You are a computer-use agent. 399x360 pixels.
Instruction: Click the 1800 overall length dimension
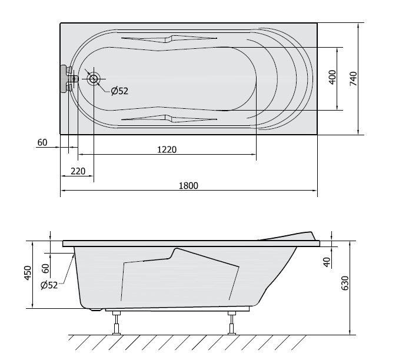[x=188, y=186]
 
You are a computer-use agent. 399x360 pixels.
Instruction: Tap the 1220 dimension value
[x=167, y=149]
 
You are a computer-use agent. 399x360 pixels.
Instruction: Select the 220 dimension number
[x=78, y=171]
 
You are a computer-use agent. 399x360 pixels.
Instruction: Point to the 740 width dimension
[x=353, y=79]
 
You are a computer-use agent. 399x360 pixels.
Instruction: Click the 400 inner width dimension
[x=332, y=77]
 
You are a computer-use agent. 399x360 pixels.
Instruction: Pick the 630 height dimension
[x=345, y=283]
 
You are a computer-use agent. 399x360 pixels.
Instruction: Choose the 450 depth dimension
[x=28, y=273]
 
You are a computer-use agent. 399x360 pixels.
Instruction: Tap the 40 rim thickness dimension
[x=327, y=262]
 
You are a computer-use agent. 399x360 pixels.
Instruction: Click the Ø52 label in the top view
[x=119, y=91]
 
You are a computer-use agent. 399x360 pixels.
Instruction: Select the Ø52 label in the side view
[x=49, y=285]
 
